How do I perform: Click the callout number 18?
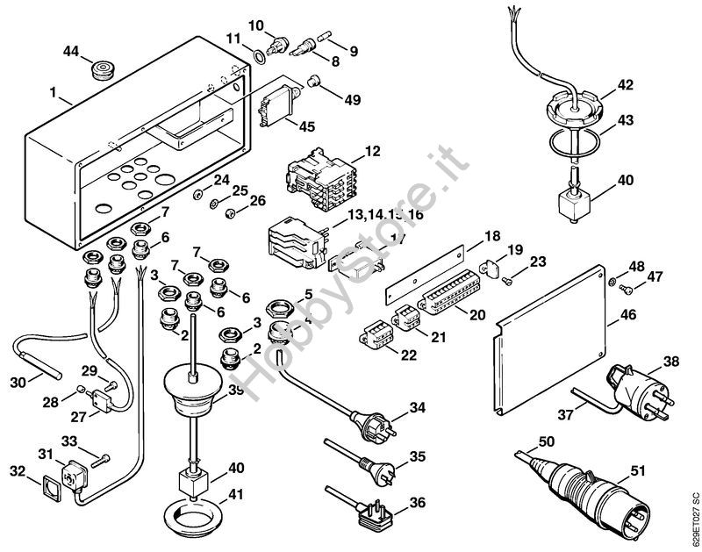[x=491, y=235]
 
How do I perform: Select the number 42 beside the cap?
[x=624, y=85]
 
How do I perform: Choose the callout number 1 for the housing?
[x=53, y=91]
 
